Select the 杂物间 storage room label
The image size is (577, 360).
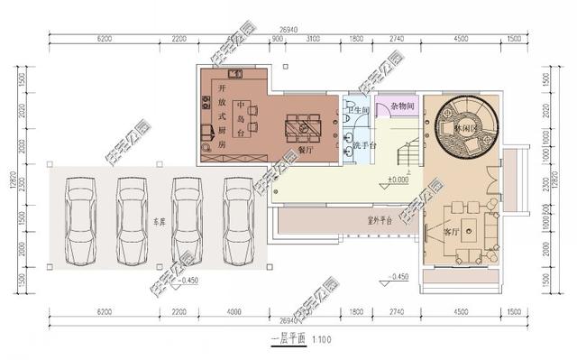402,106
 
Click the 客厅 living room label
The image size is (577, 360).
453,231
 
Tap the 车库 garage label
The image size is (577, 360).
160,219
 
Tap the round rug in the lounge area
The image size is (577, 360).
463,126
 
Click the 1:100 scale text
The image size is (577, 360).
322,339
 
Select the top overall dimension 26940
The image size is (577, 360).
288,29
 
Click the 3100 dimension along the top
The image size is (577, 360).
313,40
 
